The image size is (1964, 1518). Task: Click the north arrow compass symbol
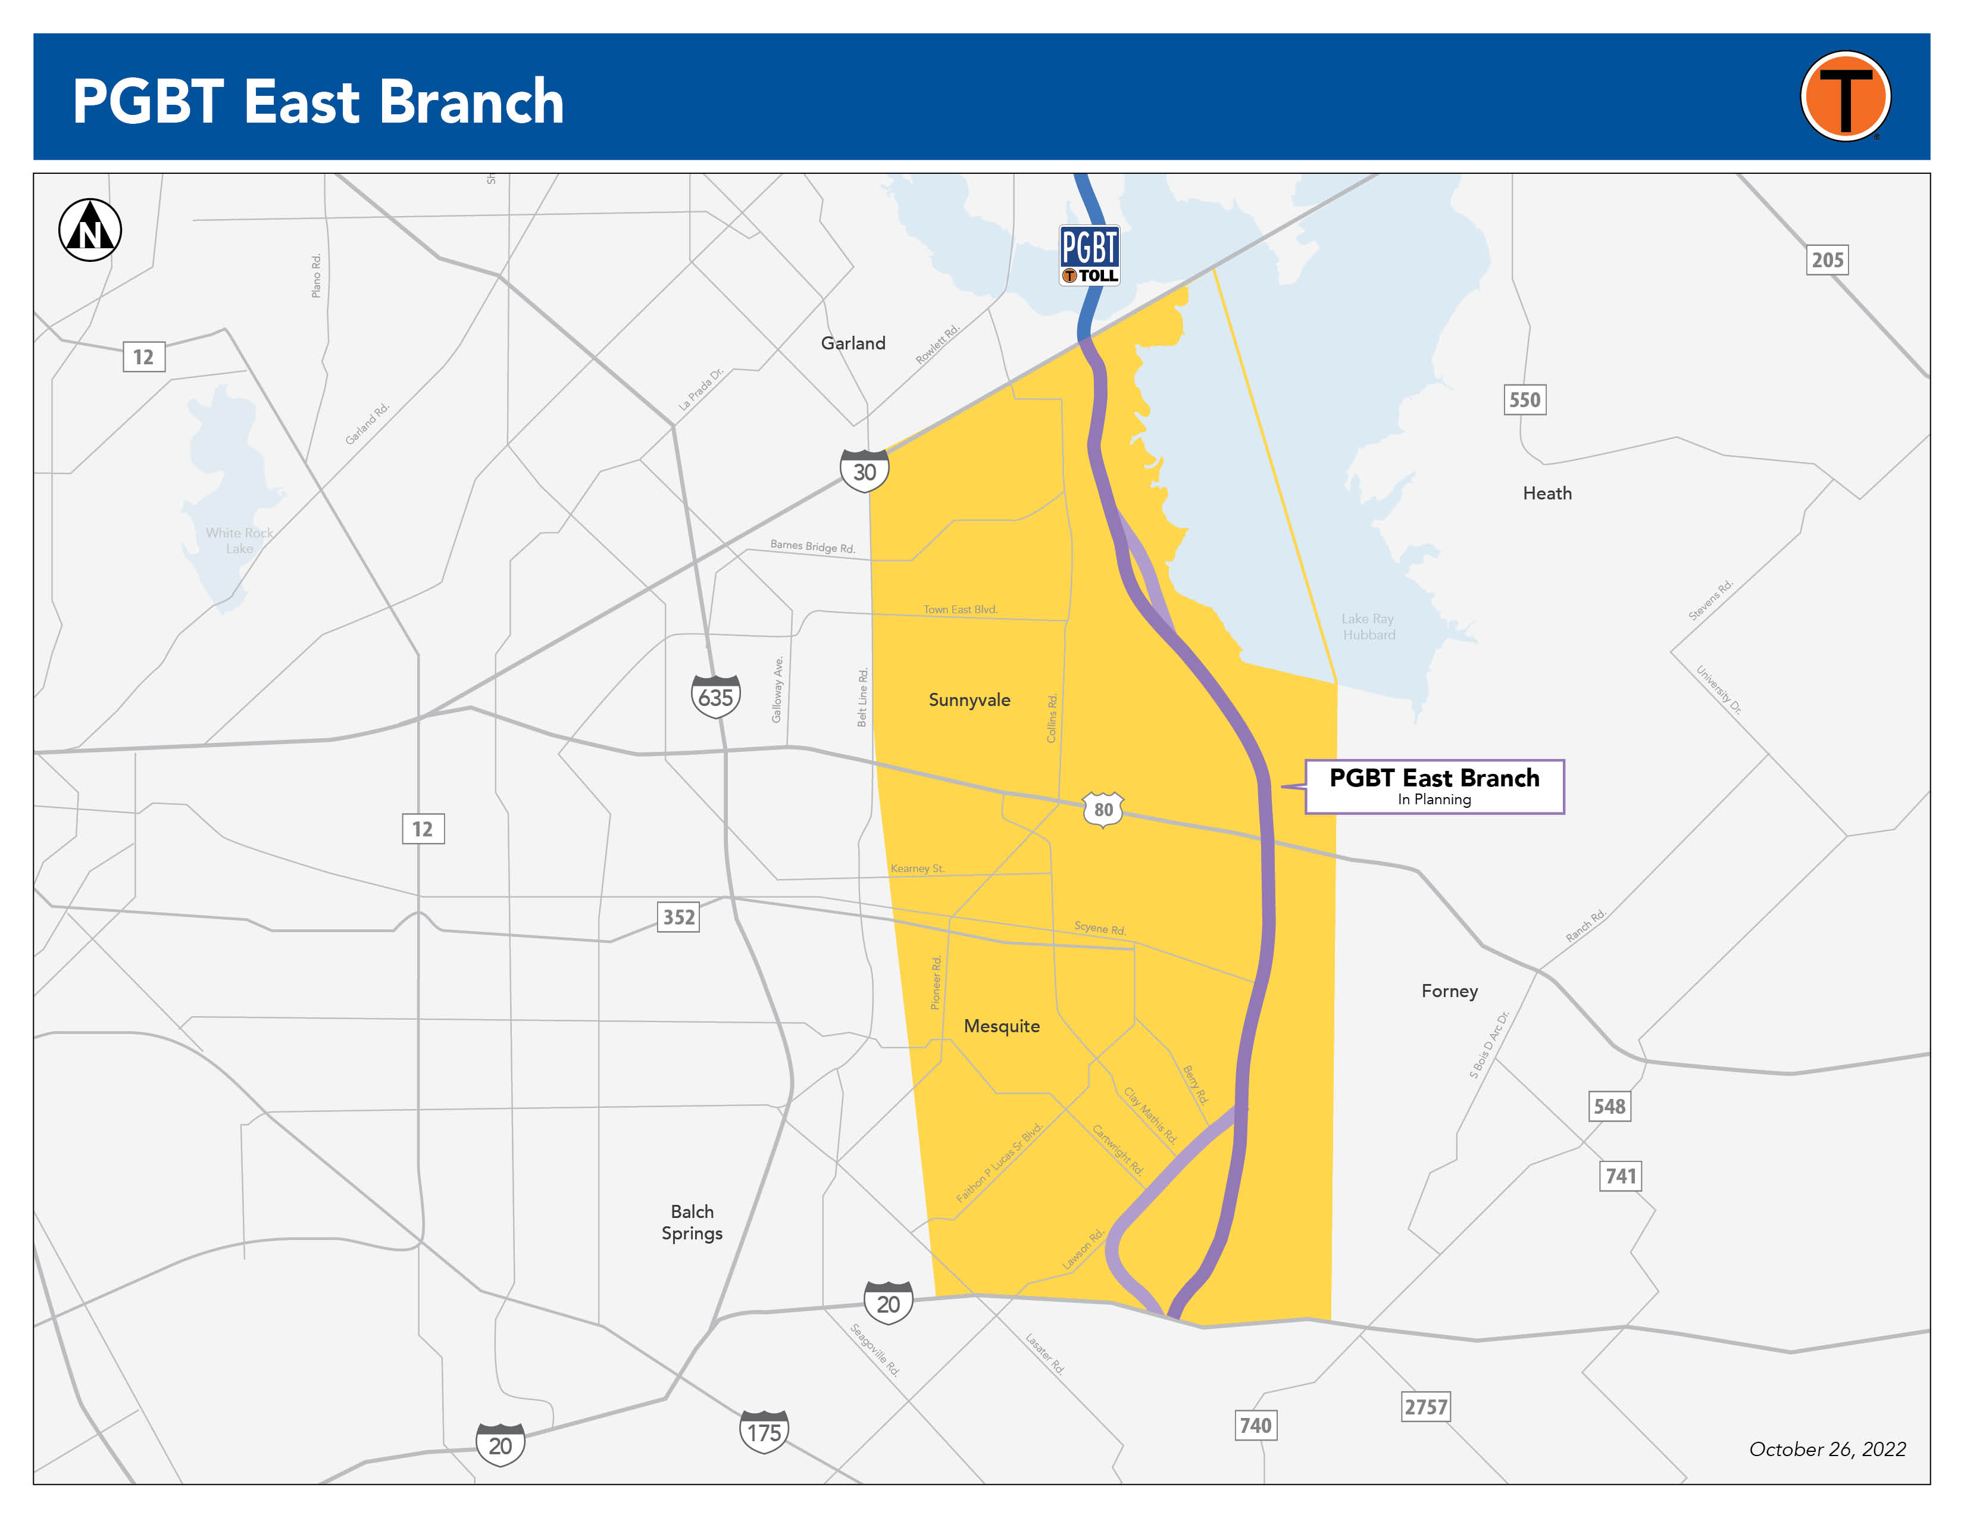point(90,230)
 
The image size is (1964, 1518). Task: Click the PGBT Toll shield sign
point(1089,255)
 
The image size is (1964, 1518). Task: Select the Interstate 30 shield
point(864,470)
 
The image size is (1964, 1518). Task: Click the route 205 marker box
point(1827,260)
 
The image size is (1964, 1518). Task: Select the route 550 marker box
point(1524,399)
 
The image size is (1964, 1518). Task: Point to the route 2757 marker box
point(1426,1407)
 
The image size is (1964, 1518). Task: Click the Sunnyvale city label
point(970,699)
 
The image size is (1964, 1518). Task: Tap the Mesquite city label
point(1002,1026)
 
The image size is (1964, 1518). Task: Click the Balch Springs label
point(692,1222)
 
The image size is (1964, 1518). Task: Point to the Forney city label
point(1449,991)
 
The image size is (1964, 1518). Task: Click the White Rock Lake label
point(239,541)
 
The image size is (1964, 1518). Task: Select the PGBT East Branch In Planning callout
point(1434,786)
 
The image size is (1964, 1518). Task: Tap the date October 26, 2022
point(1827,1449)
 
